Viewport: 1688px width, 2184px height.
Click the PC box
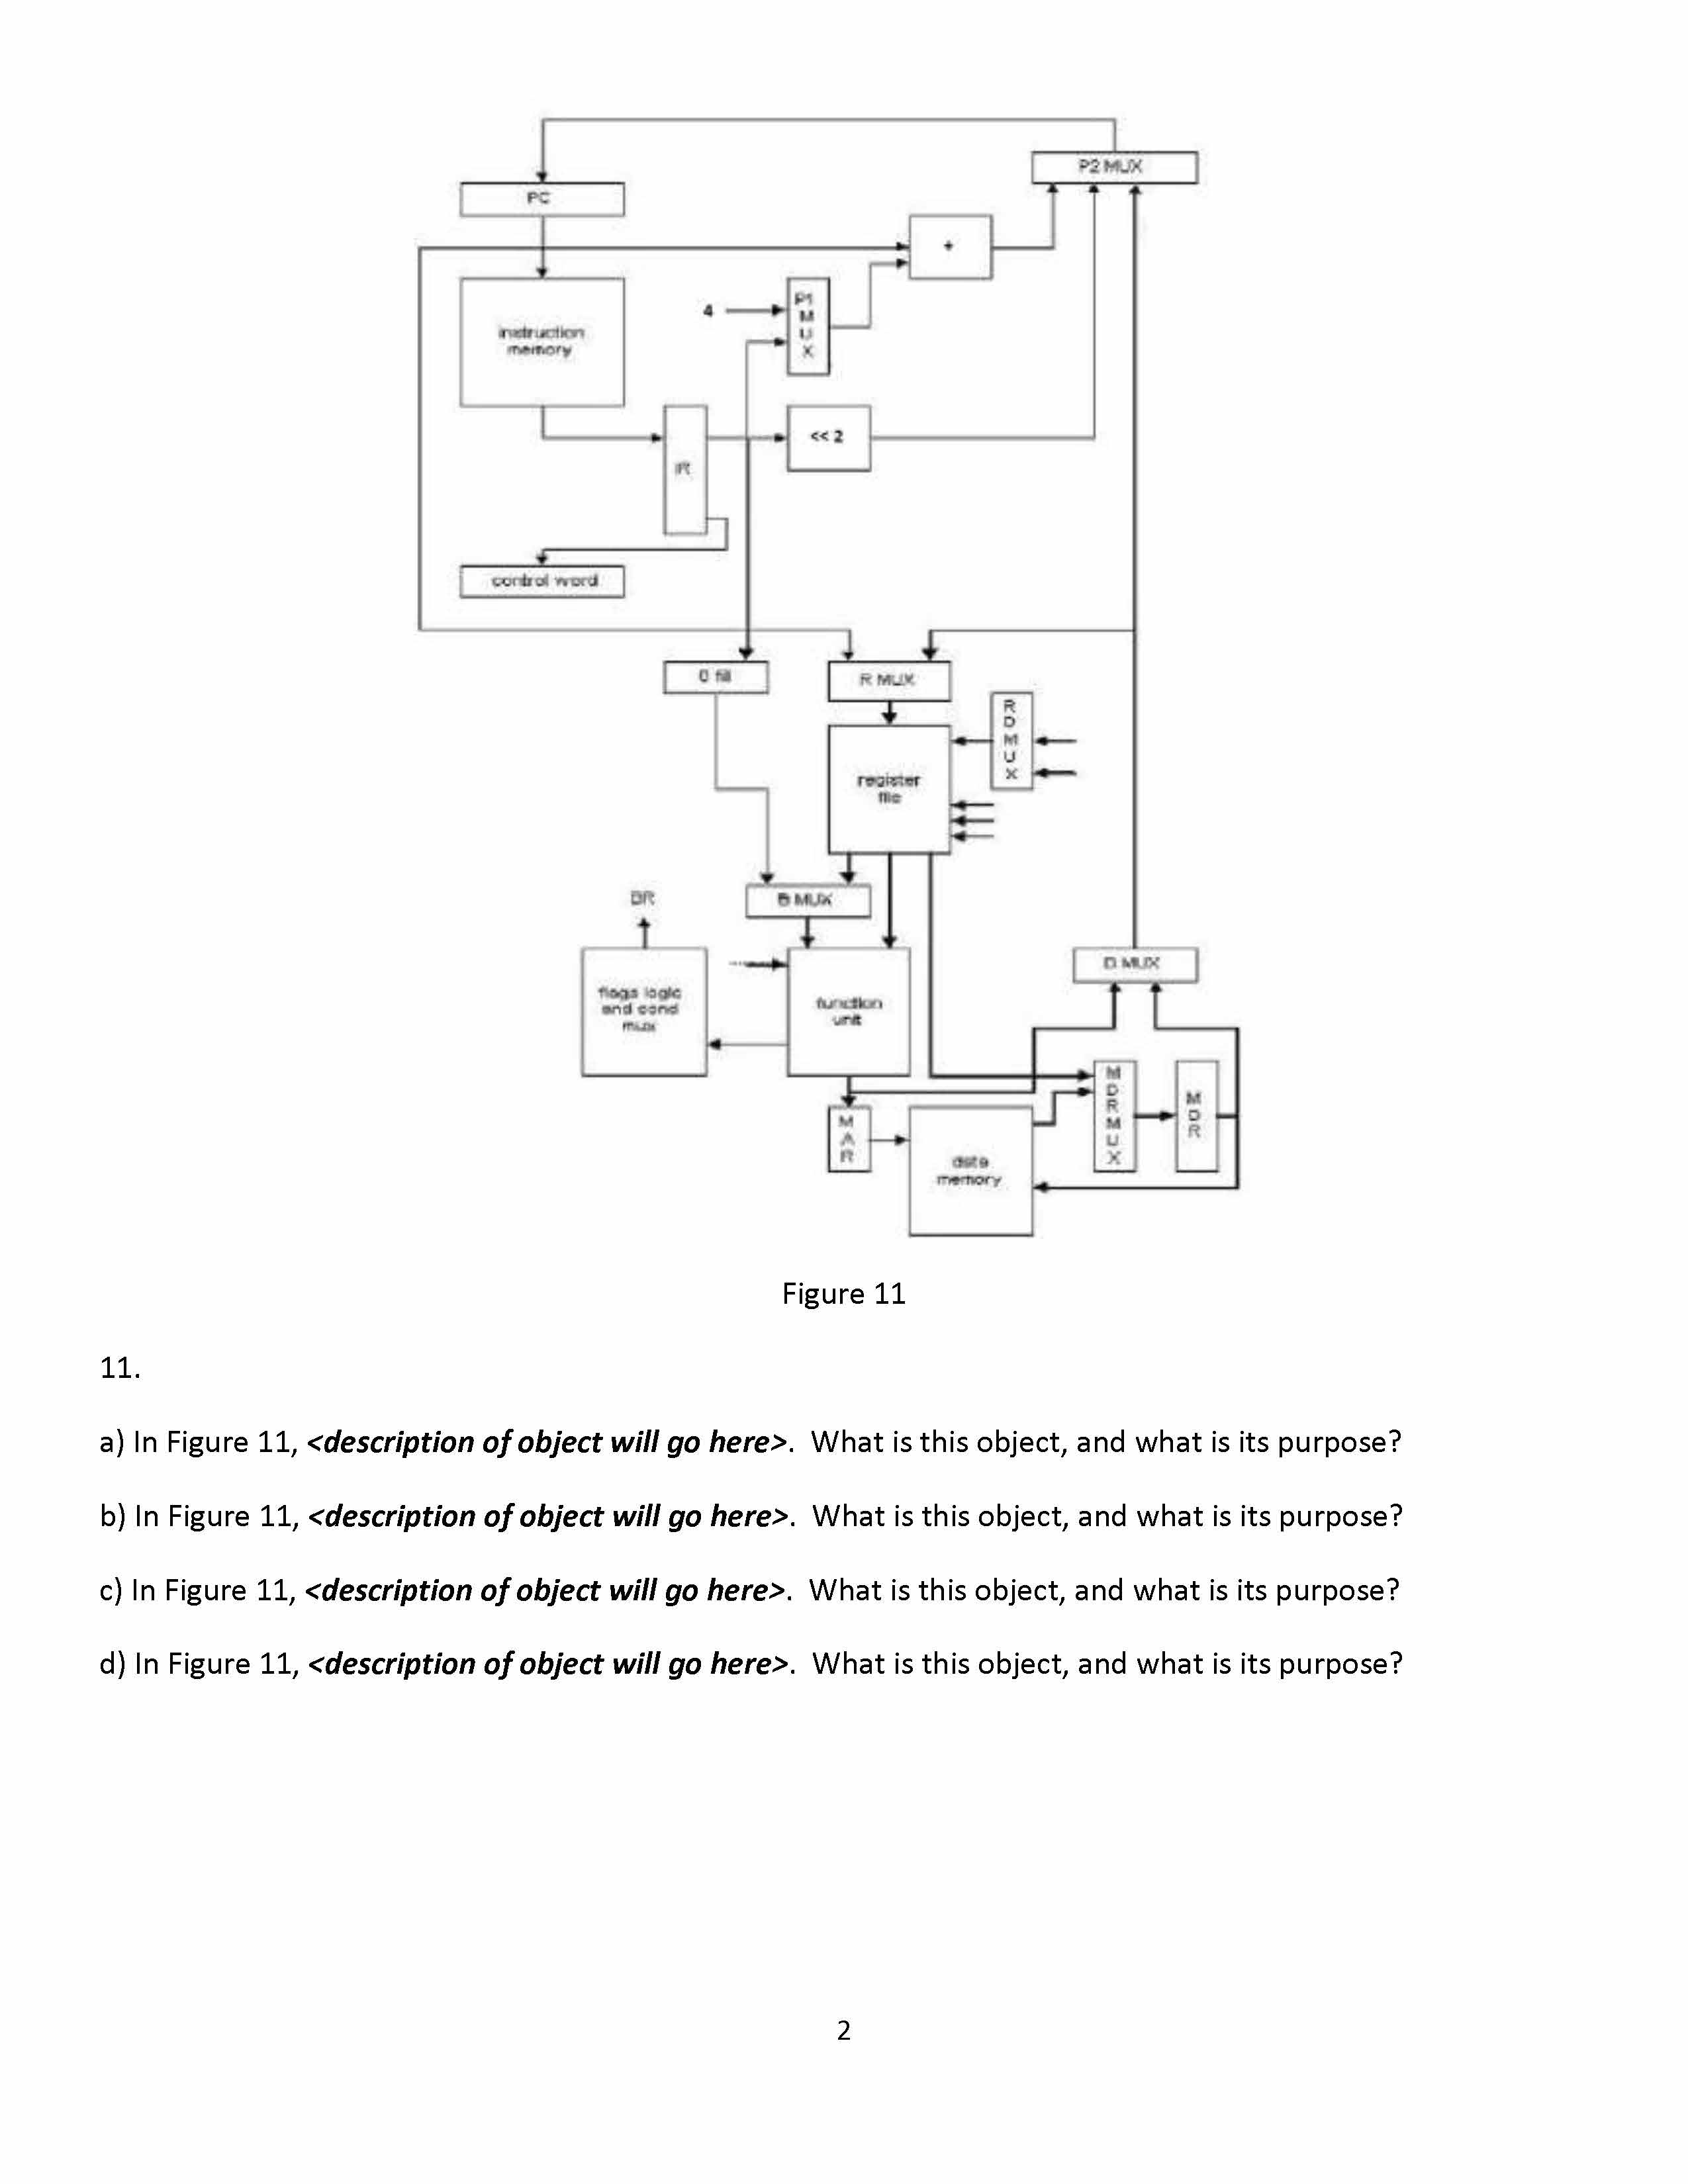point(541,199)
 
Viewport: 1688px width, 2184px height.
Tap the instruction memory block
point(541,342)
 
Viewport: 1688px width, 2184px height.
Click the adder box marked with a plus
point(949,246)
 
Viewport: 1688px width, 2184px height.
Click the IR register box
point(685,469)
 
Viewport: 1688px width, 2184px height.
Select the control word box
point(541,581)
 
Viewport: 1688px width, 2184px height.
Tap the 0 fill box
point(715,677)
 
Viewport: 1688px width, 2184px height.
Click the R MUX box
point(888,680)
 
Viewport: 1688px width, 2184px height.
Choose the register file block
point(888,789)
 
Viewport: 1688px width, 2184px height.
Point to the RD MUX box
point(1011,740)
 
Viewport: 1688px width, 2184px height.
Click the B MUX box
point(807,900)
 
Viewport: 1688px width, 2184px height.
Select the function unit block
point(848,1011)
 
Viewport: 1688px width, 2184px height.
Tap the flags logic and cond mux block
point(643,1011)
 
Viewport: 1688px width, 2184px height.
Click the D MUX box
point(1134,964)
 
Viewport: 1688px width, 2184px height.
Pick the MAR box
point(848,1139)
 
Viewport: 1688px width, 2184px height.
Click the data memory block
point(970,1171)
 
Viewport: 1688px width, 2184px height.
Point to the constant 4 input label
point(708,311)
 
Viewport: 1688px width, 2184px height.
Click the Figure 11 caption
point(843,1294)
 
